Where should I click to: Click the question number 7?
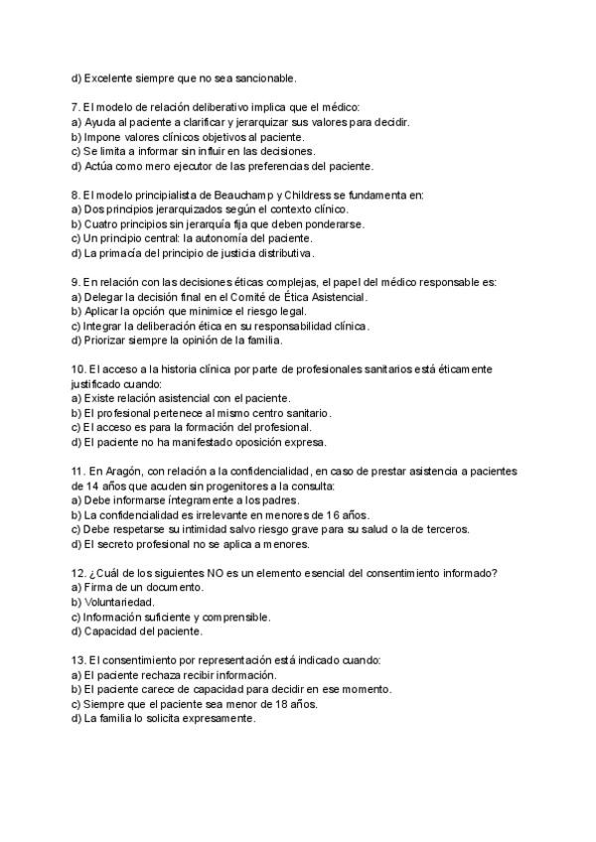(75, 106)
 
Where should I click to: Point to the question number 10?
(79, 369)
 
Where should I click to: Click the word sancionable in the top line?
(262, 76)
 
